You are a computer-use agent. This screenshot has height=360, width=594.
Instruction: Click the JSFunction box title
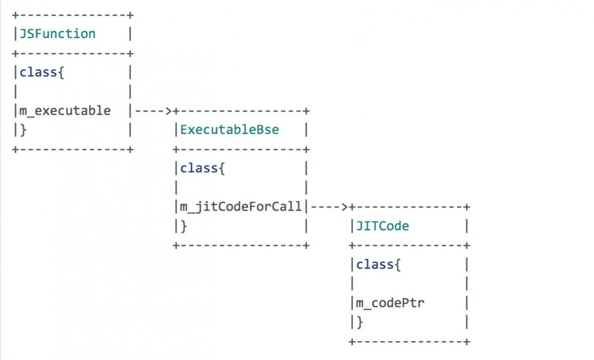pos(57,34)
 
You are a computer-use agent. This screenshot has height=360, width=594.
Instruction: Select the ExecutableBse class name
pos(229,130)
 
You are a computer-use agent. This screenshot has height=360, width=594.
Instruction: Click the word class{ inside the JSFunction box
pos(38,72)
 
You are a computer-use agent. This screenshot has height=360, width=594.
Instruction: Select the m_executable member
pos(65,111)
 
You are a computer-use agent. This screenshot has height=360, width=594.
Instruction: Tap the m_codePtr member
pos(390,303)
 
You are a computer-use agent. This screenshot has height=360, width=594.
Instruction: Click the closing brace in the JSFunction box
pos(23,130)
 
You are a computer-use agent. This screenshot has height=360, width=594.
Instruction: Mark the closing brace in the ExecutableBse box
pos(184,226)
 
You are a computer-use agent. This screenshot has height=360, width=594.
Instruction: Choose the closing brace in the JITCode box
pos(359,322)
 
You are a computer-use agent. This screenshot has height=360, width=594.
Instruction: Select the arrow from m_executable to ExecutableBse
pos(153,111)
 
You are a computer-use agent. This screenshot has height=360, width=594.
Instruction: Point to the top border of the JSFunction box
pos(72,14)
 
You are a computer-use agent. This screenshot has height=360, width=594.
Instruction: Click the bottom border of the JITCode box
pos(409,342)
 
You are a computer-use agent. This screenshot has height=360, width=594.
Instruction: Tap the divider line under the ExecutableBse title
pos(241,149)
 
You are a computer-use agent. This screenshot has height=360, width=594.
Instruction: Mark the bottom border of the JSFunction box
pos(72,149)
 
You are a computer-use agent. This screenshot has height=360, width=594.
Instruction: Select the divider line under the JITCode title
pos(409,246)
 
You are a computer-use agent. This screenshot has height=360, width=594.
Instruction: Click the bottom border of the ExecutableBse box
pos(241,246)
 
